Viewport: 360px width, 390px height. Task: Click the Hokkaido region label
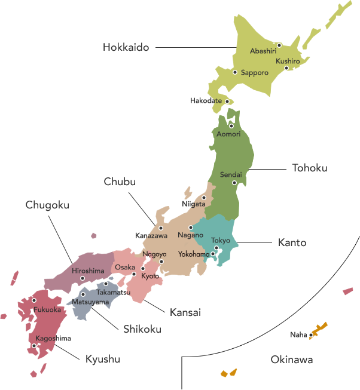click(x=126, y=47)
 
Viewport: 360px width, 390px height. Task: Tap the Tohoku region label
click(x=310, y=168)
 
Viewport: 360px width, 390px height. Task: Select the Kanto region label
click(x=292, y=242)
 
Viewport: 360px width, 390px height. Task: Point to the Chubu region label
click(x=120, y=182)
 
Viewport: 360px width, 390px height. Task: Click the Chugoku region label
click(x=48, y=205)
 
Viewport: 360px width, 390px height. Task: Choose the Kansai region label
click(x=185, y=312)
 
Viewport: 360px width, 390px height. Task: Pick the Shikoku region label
click(x=142, y=329)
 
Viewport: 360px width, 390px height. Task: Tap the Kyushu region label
click(x=103, y=359)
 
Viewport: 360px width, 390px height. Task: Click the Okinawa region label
click(x=291, y=360)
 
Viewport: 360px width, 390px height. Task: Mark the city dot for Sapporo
click(x=235, y=72)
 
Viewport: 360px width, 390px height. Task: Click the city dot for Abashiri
click(x=279, y=45)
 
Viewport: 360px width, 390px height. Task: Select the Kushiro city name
click(x=288, y=61)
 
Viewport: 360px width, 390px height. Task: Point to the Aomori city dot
click(x=231, y=126)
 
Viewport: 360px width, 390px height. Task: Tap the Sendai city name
click(x=231, y=174)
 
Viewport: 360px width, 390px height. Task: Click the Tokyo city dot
click(x=216, y=247)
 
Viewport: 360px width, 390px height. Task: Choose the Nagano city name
click(x=190, y=235)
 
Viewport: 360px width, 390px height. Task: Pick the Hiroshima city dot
click(x=83, y=278)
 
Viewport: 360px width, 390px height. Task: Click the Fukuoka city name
click(x=47, y=309)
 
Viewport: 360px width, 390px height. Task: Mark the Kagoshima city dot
click(x=34, y=345)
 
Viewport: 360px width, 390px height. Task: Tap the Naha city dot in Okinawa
click(x=310, y=335)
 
